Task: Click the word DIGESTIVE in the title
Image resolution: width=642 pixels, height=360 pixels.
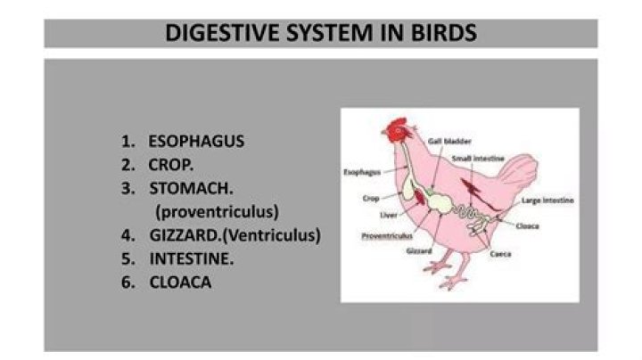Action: click(x=223, y=33)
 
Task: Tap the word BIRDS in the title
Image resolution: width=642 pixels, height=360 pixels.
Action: click(x=444, y=33)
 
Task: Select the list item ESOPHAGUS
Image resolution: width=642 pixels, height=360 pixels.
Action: click(x=196, y=141)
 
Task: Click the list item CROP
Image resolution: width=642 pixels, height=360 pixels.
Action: click(x=170, y=165)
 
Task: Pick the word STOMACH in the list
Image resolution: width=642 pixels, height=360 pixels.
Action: click(x=191, y=189)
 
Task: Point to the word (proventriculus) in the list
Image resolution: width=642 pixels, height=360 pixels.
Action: click(x=217, y=212)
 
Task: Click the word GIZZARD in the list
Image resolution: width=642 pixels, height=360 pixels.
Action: click(x=185, y=235)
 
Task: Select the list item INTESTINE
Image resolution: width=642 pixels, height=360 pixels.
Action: click(x=192, y=259)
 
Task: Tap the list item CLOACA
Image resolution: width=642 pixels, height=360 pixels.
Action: click(x=180, y=282)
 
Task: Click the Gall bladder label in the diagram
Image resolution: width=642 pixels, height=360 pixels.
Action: click(x=449, y=141)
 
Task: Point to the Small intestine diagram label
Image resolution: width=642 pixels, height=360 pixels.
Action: click(x=478, y=159)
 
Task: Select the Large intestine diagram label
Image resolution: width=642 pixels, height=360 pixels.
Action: click(x=547, y=200)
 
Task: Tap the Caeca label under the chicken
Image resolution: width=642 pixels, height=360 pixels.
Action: click(x=500, y=254)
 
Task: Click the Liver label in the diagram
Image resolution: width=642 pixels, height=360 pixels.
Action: click(x=389, y=215)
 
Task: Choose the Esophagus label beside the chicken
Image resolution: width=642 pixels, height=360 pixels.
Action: click(x=362, y=172)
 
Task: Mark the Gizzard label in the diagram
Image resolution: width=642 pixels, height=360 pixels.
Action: click(x=419, y=250)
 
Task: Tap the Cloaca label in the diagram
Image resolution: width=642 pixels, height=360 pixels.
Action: click(x=527, y=226)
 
